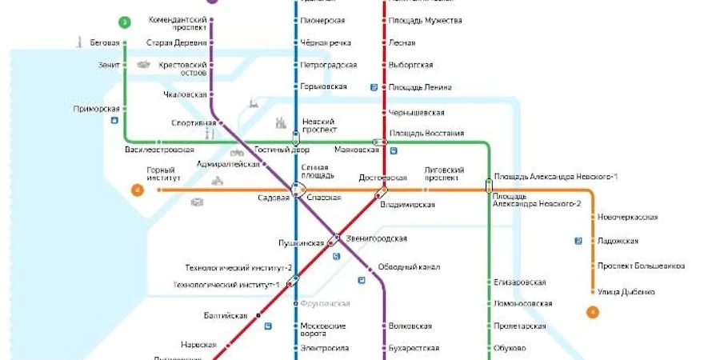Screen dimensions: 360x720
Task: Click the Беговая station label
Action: [x=105, y=43]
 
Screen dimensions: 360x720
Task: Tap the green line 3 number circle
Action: [x=125, y=22]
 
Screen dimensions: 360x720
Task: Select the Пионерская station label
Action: [x=322, y=20]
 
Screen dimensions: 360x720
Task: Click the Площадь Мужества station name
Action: [x=426, y=20]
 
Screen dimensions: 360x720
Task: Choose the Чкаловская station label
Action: [x=184, y=94]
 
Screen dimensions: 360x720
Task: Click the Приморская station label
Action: [x=96, y=109]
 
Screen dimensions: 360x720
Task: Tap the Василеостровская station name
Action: [x=159, y=150]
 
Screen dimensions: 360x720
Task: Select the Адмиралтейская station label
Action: [x=229, y=164]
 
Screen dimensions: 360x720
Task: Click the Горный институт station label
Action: [x=160, y=174]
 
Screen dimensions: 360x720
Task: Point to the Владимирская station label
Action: [x=407, y=205]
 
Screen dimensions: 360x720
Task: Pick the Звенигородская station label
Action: [x=377, y=238]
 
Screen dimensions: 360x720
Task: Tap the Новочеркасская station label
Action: [x=627, y=218]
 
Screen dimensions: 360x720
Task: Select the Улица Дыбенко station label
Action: [x=626, y=291]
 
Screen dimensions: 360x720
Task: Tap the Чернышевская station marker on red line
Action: [x=385, y=113]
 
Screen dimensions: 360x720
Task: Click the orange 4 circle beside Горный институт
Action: [x=138, y=190]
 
